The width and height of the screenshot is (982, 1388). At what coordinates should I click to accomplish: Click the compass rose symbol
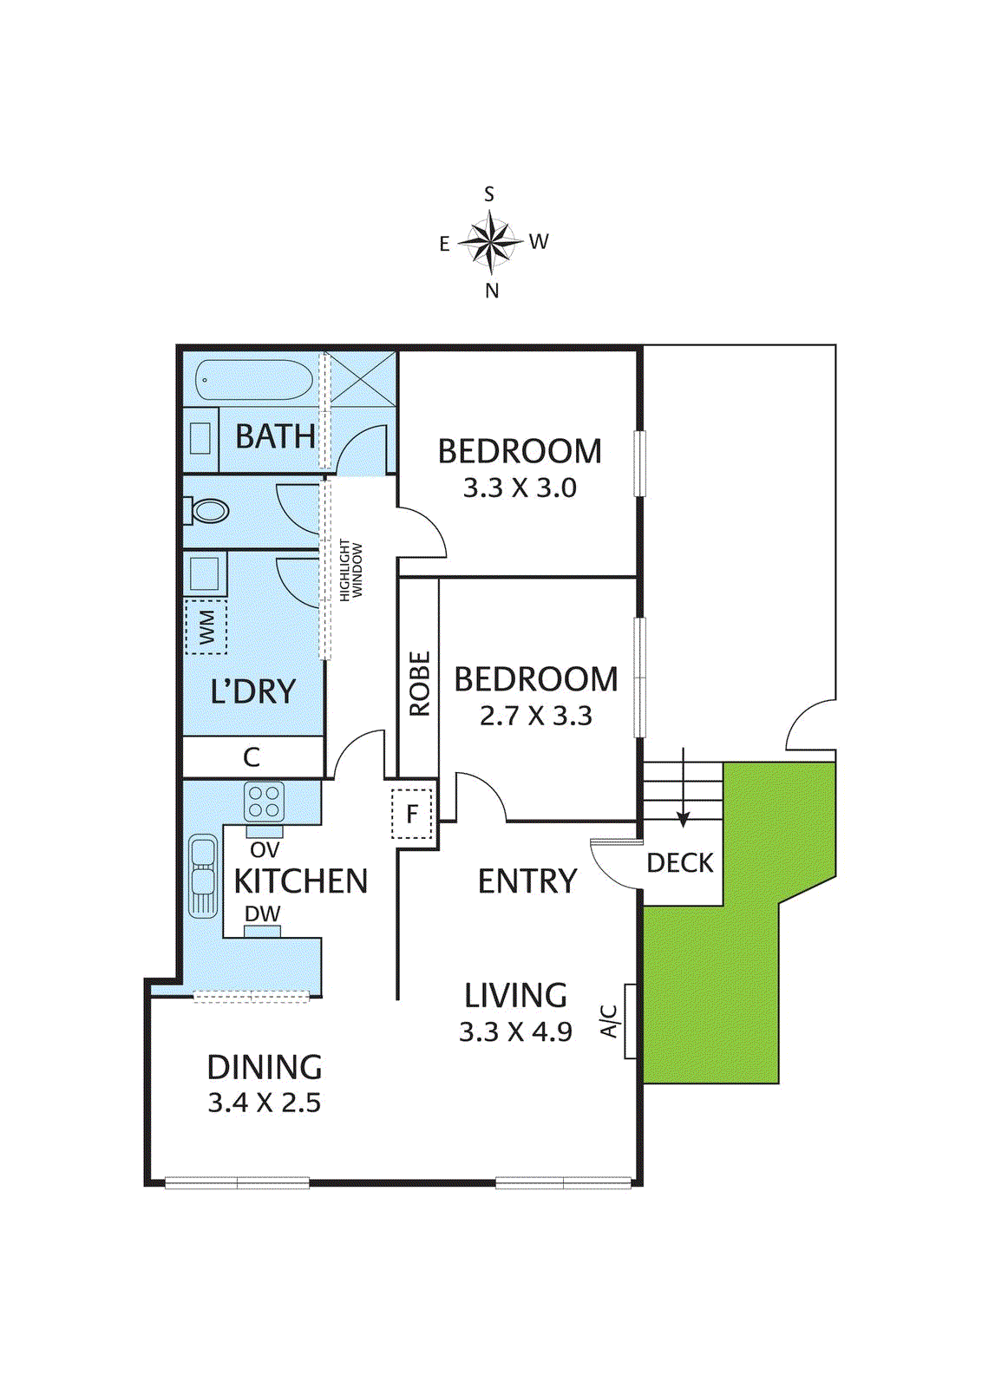[491, 241]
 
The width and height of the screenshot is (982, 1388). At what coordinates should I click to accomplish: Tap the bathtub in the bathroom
[253, 381]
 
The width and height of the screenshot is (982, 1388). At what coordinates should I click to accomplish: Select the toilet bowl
[209, 510]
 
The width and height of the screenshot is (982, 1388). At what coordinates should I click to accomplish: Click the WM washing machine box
[206, 627]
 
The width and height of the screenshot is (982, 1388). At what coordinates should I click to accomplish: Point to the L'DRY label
[252, 691]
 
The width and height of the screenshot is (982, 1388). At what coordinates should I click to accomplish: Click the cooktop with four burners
[265, 802]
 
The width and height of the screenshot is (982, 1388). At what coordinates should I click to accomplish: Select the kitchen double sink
[203, 876]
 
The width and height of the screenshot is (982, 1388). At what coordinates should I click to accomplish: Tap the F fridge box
[412, 814]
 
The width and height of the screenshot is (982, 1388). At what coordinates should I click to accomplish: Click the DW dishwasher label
[262, 913]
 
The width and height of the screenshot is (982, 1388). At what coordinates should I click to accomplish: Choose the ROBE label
[419, 684]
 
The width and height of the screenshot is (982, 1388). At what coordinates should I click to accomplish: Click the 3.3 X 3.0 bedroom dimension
[520, 488]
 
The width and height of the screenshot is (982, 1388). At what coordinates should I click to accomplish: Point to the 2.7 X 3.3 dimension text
[535, 716]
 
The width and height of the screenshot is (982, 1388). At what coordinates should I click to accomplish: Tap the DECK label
[680, 863]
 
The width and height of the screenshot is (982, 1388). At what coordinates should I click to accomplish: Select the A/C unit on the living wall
[631, 1021]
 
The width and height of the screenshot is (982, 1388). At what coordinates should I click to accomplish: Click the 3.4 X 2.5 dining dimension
[265, 1103]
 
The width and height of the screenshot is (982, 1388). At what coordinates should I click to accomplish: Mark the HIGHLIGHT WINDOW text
[350, 570]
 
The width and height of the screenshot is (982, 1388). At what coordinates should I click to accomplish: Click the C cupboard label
[252, 757]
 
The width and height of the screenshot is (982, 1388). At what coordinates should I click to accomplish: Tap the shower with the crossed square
[363, 378]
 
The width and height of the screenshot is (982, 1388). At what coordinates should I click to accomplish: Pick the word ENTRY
[527, 881]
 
